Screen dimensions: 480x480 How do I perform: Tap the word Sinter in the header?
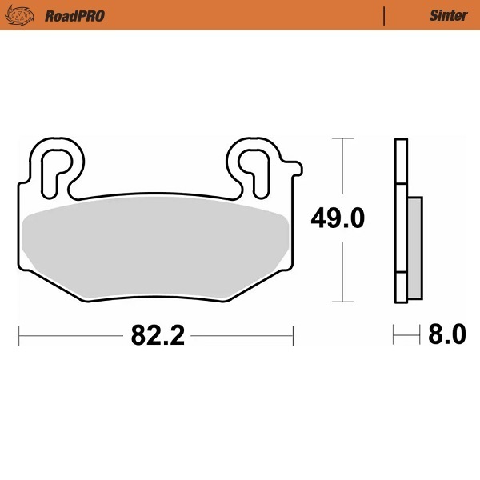click(x=448, y=15)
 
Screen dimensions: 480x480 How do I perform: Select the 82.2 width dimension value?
click(x=158, y=334)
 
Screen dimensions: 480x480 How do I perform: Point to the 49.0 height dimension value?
click(x=338, y=218)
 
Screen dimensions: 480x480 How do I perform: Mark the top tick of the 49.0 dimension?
click(x=342, y=138)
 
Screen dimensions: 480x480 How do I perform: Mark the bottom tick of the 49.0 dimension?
click(x=342, y=302)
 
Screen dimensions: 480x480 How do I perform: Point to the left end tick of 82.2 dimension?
click(x=19, y=334)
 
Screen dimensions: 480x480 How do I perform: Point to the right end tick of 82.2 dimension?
click(x=294, y=334)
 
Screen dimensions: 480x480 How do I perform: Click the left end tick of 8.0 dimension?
click(x=394, y=334)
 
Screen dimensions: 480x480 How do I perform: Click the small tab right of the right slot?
click(x=295, y=167)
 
